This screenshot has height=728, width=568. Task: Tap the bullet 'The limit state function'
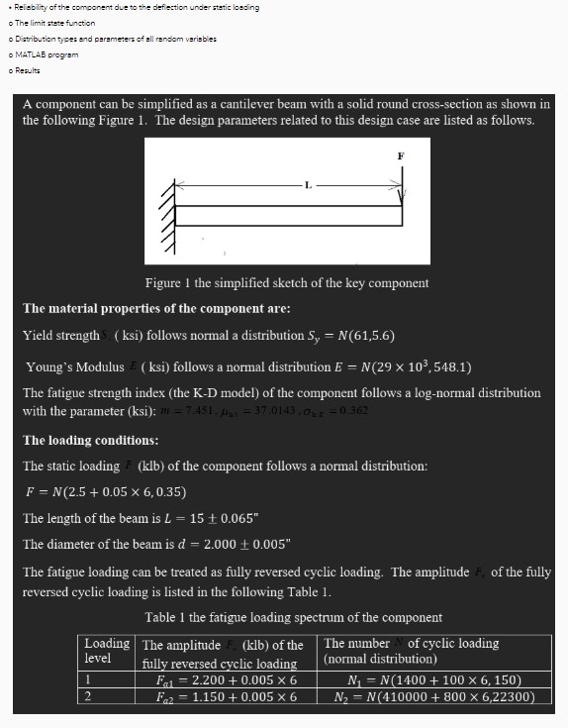[x=50, y=22]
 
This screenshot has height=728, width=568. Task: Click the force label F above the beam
[x=401, y=156]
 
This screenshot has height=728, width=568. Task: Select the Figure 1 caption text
[x=286, y=283]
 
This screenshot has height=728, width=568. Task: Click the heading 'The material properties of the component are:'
[x=156, y=309]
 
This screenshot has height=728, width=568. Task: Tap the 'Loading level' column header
[x=106, y=650]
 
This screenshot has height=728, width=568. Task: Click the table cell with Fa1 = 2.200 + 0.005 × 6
[x=227, y=680]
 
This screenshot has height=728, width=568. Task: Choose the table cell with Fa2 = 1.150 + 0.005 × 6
[x=227, y=696]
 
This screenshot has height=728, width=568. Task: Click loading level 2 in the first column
[x=89, y=696]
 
